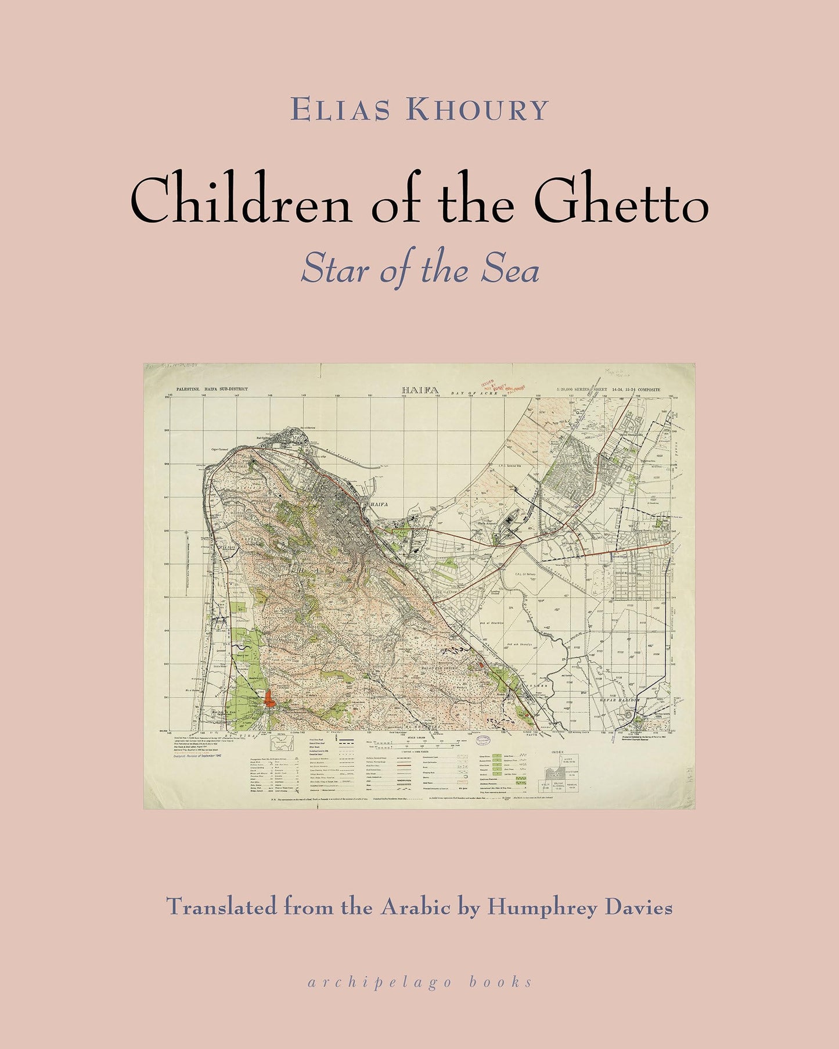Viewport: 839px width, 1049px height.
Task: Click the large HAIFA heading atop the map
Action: [420, 390]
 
